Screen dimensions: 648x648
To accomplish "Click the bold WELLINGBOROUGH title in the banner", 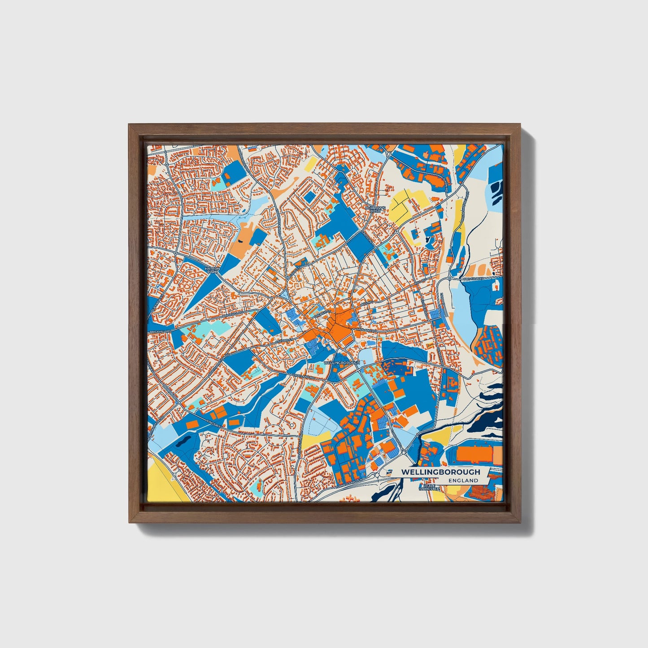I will pyautogui.click(x=440, y=472).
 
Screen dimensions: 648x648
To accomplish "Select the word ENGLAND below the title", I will pyautogui.click(x=463, y=480).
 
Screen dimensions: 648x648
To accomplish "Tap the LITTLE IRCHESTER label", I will pyautogui.click(x=429, y=487).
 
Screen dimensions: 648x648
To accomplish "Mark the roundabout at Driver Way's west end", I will pyautogui.click(x=449, y=278).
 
